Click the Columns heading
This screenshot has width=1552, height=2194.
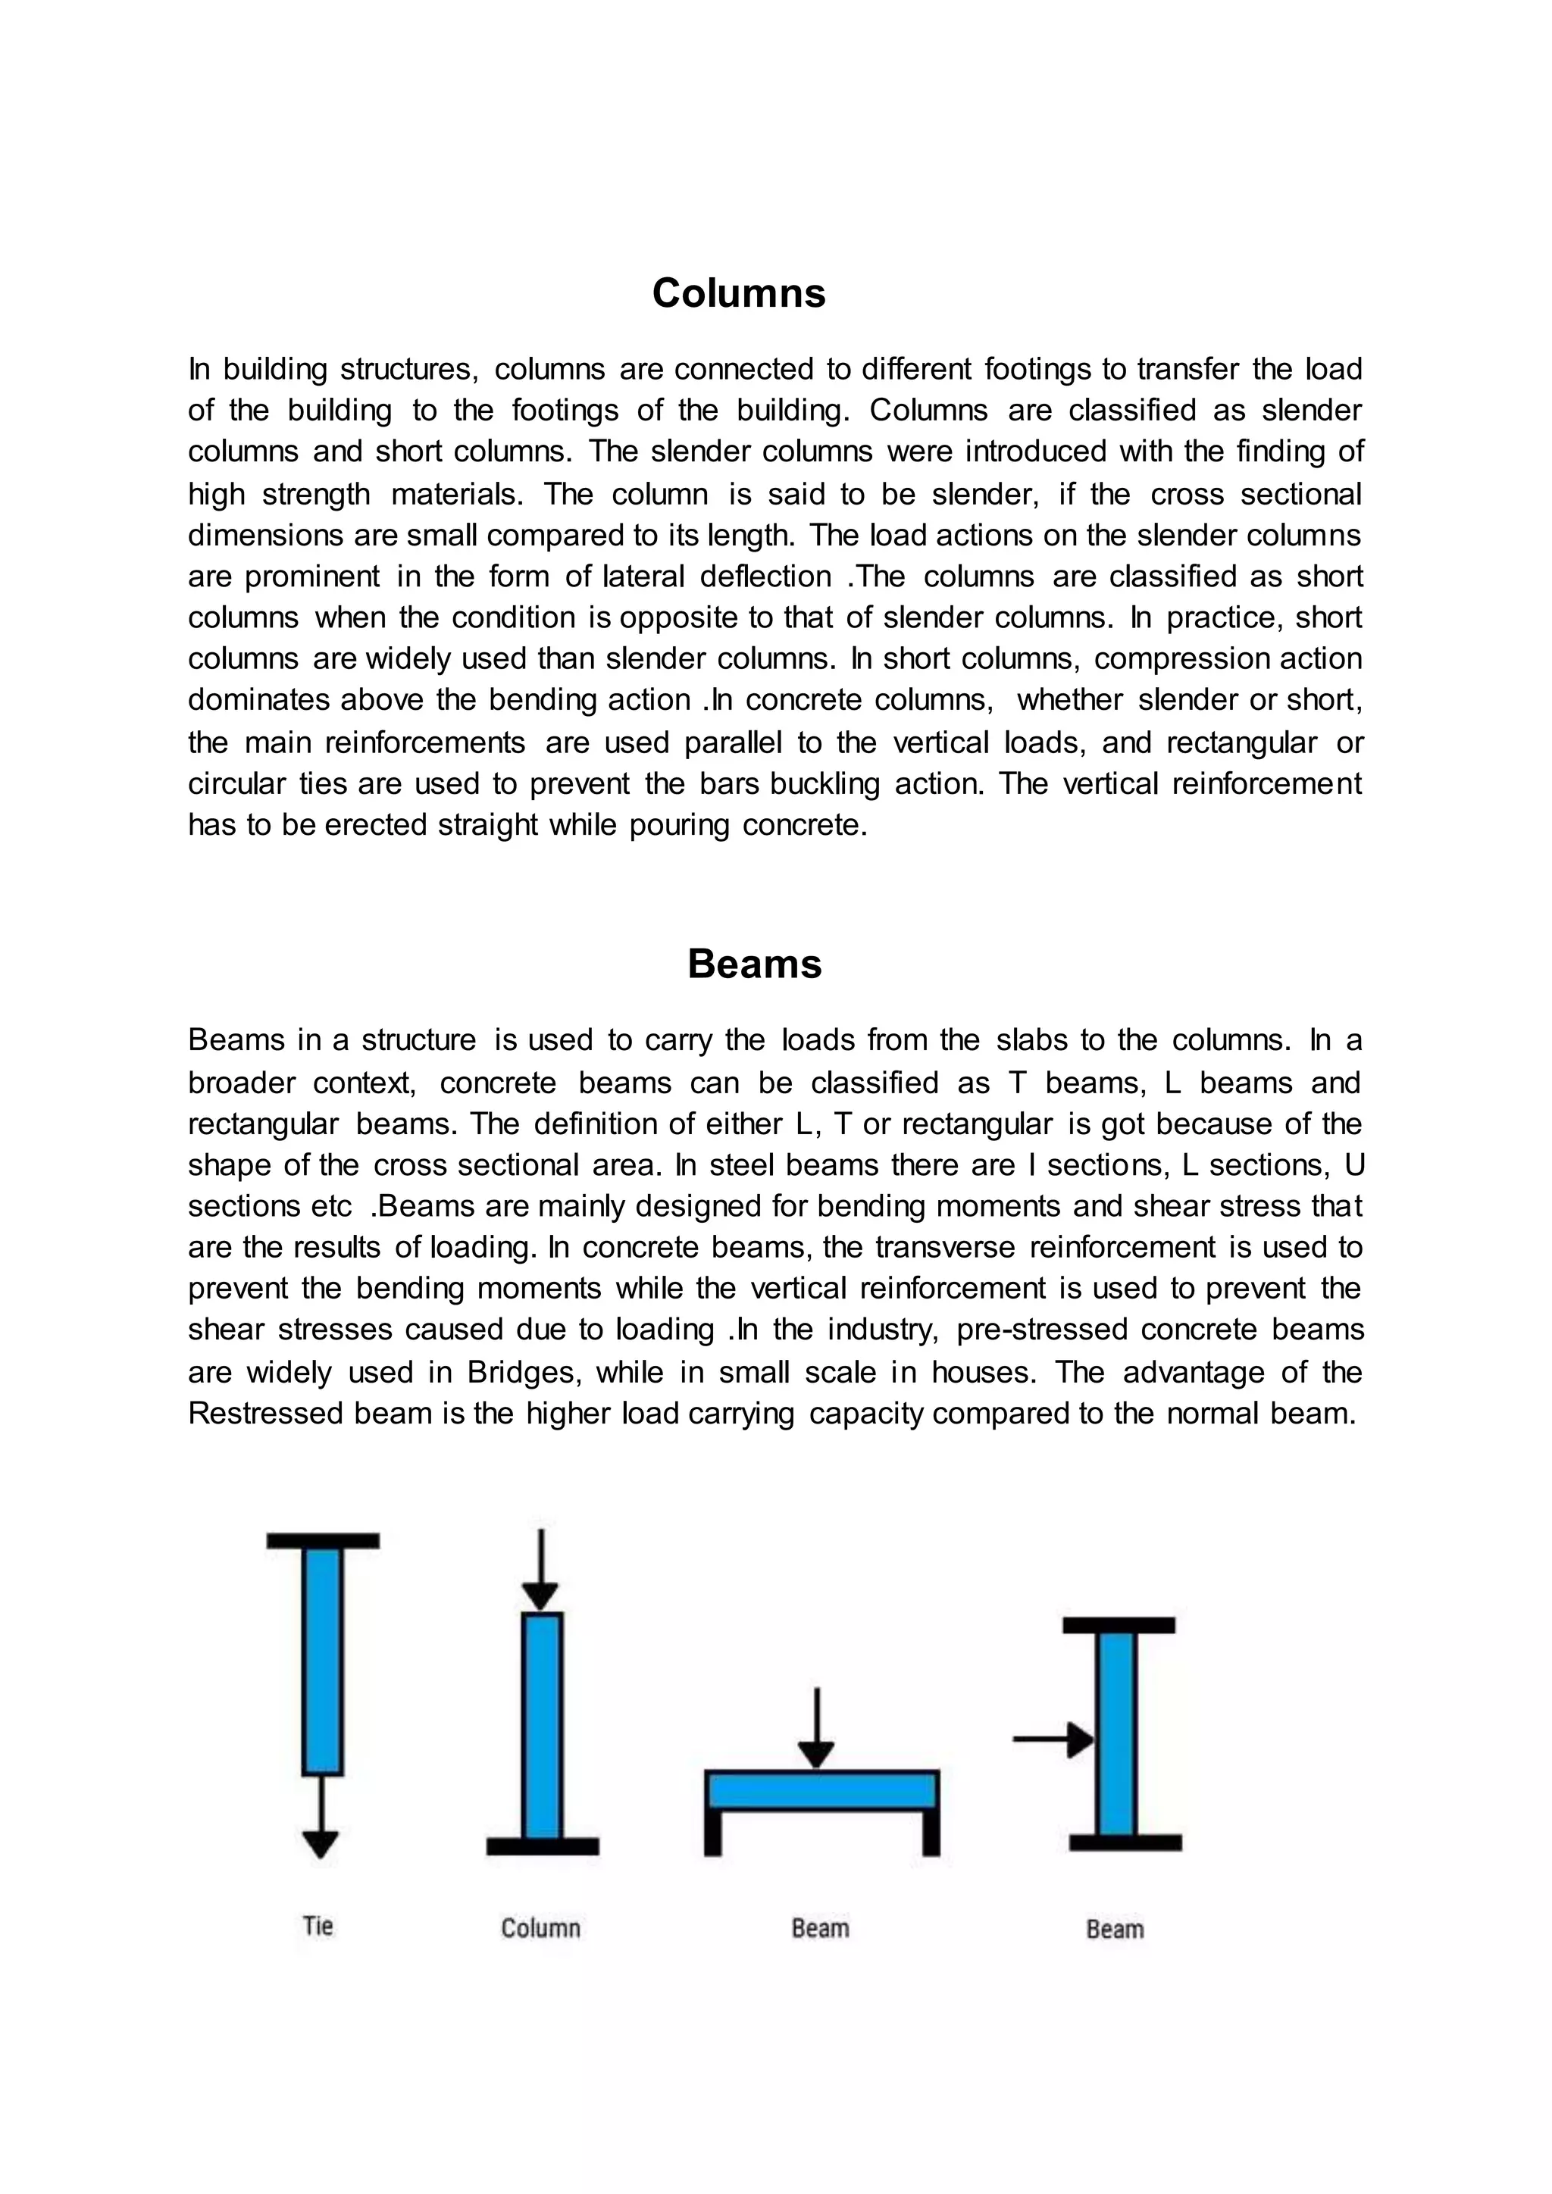(x=738, y=293)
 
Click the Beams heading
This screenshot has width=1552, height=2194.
(x=754, y=964)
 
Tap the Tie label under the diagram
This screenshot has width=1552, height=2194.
(x=318, y=1927)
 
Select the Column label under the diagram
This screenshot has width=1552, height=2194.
(x=541, y=1928)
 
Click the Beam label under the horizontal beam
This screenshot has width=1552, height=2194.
(x=820, y=1928)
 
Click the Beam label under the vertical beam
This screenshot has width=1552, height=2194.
(x=1114, y=1930)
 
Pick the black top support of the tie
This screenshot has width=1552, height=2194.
(x=323, y=1540)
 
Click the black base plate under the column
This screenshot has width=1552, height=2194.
(x=543, y=1846)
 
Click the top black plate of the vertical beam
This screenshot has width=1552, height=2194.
(x=1118, y=1624)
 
